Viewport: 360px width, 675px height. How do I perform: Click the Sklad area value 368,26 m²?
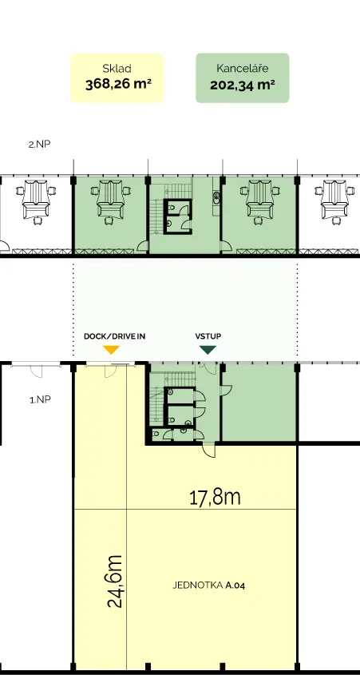pyautogui.click(x=118, y=84)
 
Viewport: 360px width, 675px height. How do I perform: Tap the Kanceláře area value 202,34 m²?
pyautogui.click(x=243, y=85)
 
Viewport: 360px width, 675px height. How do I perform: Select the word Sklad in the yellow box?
pyautogui.click(x=117, y=68)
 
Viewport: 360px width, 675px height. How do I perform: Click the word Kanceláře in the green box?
pyautogui.click(x=243, y=68)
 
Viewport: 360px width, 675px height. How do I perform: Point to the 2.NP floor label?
pyautogui.click(x=40, y=145)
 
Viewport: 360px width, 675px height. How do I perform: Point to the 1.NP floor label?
pyautogui.click(x=41, y=399)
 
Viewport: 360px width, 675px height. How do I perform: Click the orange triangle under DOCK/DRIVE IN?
pyautogui.click(x=111, y=350)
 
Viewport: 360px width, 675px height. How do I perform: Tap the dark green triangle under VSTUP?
pyautogui.click(x=208, y=350)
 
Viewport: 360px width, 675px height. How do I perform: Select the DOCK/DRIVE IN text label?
pyautogui.click(x=114, y=336)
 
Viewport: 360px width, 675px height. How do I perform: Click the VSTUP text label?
pyautogui.click(x=208, y=336)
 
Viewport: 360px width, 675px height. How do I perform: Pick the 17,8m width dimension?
pyautogui.click(x=215, y=498)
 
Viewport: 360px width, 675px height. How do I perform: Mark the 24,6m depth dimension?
pyautogui.click(x=115, y=582)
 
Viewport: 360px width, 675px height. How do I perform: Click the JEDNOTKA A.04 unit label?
pyautogui.click(x=209, y=585)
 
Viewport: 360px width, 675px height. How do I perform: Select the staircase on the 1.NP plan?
pyautogui.click(x=158, y=397)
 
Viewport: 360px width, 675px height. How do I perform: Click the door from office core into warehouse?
pyautogui.click(x=209, y=451)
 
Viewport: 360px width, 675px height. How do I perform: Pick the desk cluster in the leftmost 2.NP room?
pyautogui.click(x=36, y=201)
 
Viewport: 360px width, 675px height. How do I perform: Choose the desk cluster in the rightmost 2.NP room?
pyautogui.click(x=334, y=201)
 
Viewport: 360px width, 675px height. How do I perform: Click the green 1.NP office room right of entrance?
pyautogui.click(x=259, y=403)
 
